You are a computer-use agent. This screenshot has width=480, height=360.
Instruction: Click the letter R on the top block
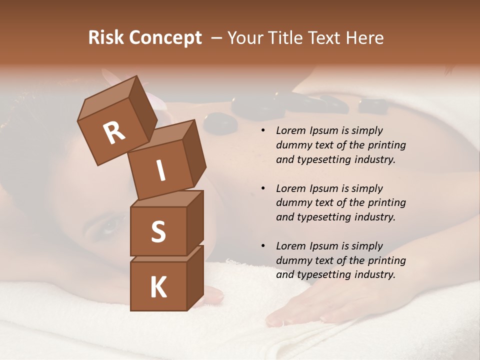coord(114,133)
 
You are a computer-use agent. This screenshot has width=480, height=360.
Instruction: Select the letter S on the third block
coord(158,231)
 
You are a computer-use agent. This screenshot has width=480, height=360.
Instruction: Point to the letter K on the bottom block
coord(158,287)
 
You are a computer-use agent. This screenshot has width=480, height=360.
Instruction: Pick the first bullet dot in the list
coord(263,131)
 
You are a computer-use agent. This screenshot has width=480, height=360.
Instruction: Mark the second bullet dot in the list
coord(263,189)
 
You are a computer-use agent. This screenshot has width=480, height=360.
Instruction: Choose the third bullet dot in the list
coord(263,246)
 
